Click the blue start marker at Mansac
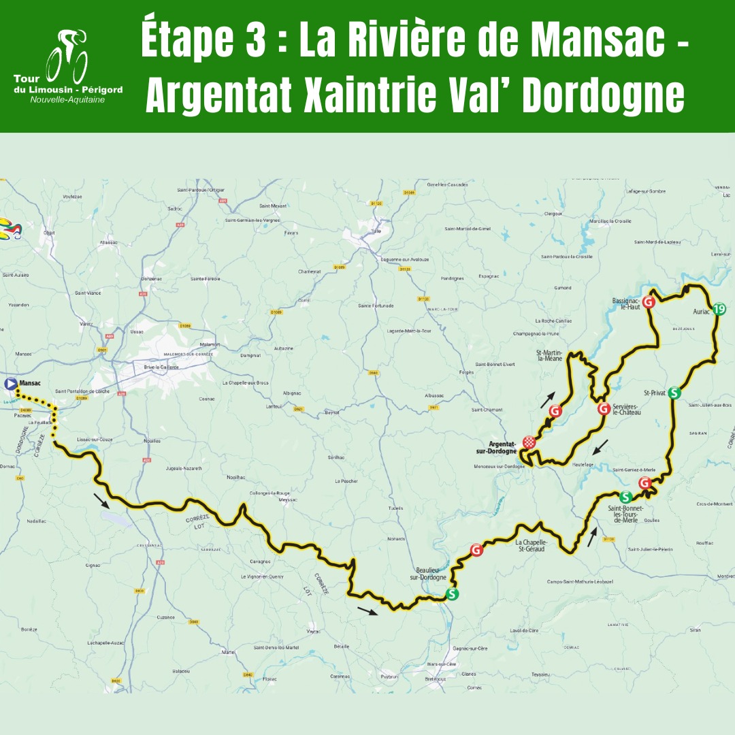pyautogui.click(x=11, y=383)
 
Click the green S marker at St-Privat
pyautogui.click(x=674, y=392)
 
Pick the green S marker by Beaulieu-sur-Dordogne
pyautogui.click(x=452, y=594)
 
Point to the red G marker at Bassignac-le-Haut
pyautogui.click(x=649, y=301)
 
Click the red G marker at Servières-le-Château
pyautogui.click(x=603, y=409)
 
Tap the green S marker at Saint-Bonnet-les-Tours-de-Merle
pyautogui.click(x=625, y=497)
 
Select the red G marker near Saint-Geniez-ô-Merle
pyautogui.click(x=644, y=483)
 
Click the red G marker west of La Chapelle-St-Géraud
pyautogui.click(x=476, y=549)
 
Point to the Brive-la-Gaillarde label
pyautogui.click(x=161, y=367)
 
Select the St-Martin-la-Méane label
pyautogui.click(x=549, y=355)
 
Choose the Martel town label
pyautogui.click(x=228, y=651)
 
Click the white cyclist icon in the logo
pyautogui.click(x=67, y=59)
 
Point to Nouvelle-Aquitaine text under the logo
pyautogui.click(x=67, y=99)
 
